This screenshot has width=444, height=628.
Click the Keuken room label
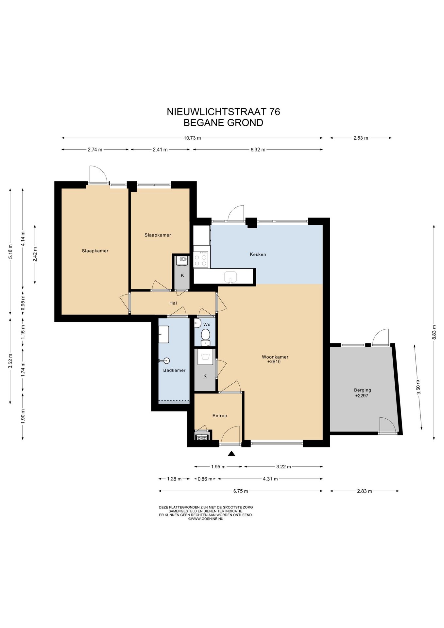tap(258, 254)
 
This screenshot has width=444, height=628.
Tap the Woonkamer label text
tap(275, 357)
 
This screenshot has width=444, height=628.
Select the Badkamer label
tap(174, 370)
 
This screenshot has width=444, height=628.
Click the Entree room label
tap(220, 416)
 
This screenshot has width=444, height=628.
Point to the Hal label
tap(173, 303)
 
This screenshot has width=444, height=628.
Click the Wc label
tap(207, 324)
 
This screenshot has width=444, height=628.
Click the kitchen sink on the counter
tap(231, 277)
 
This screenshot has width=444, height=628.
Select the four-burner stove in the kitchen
tap(201, 259)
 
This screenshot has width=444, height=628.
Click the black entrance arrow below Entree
tap(231, 453)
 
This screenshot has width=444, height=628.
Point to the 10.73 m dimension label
tap(192, 138)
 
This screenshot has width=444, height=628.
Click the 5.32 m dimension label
tap(258, 150)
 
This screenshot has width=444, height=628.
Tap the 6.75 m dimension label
tap(241, 491)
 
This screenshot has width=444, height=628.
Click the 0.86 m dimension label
tap(205, 479)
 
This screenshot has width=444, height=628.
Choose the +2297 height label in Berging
tap(362, 395)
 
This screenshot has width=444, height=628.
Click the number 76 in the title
tap(275, 112)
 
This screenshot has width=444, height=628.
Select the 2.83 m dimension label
tap(365, 491)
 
